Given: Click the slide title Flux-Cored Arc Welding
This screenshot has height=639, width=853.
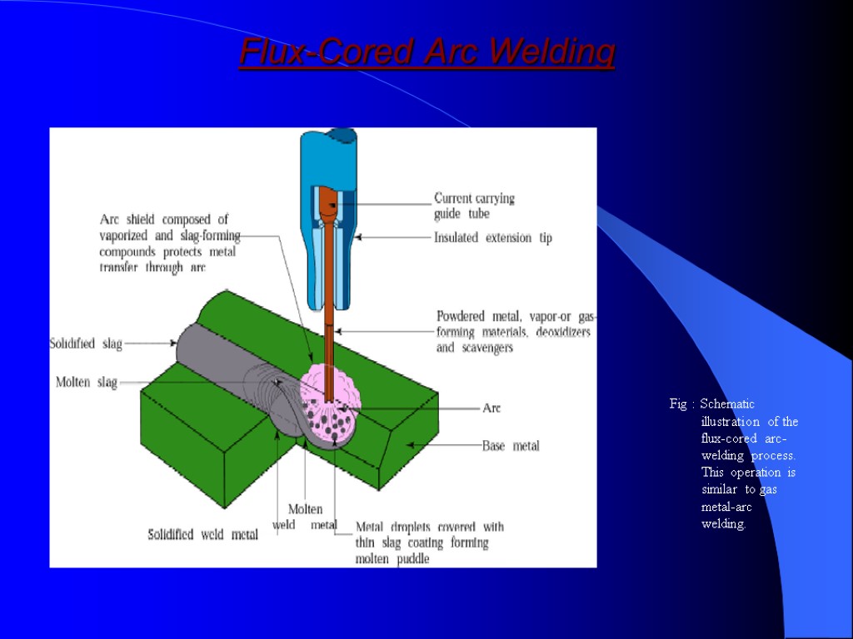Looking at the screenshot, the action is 426,52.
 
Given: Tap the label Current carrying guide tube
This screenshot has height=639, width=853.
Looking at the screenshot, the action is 474,206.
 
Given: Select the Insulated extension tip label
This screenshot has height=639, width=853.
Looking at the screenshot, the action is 492,238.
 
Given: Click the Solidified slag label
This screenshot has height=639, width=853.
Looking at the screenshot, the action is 87,343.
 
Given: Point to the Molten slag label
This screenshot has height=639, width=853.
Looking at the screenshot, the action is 87,382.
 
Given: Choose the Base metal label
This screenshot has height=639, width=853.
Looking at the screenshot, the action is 511,446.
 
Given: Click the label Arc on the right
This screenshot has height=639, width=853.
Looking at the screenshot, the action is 491,409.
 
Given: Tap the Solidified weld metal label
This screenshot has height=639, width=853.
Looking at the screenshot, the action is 202,534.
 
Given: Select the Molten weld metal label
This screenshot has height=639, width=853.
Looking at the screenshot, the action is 305,517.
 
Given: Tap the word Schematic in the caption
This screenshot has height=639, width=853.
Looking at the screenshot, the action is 727,404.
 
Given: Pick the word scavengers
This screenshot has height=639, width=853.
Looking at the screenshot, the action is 486,348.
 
